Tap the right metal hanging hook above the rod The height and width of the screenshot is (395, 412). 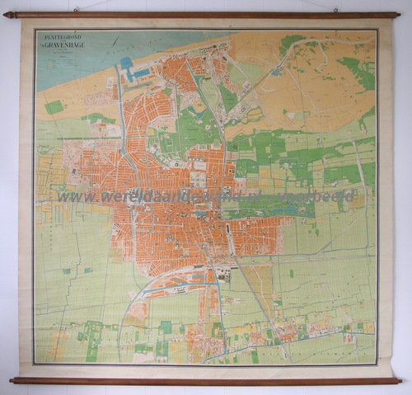tap(335, 10)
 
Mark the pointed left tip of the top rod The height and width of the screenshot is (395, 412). tap(6, 15)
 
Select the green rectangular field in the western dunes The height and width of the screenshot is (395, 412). tap(54, 107)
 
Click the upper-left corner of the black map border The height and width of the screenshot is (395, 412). tap(35, 30)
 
